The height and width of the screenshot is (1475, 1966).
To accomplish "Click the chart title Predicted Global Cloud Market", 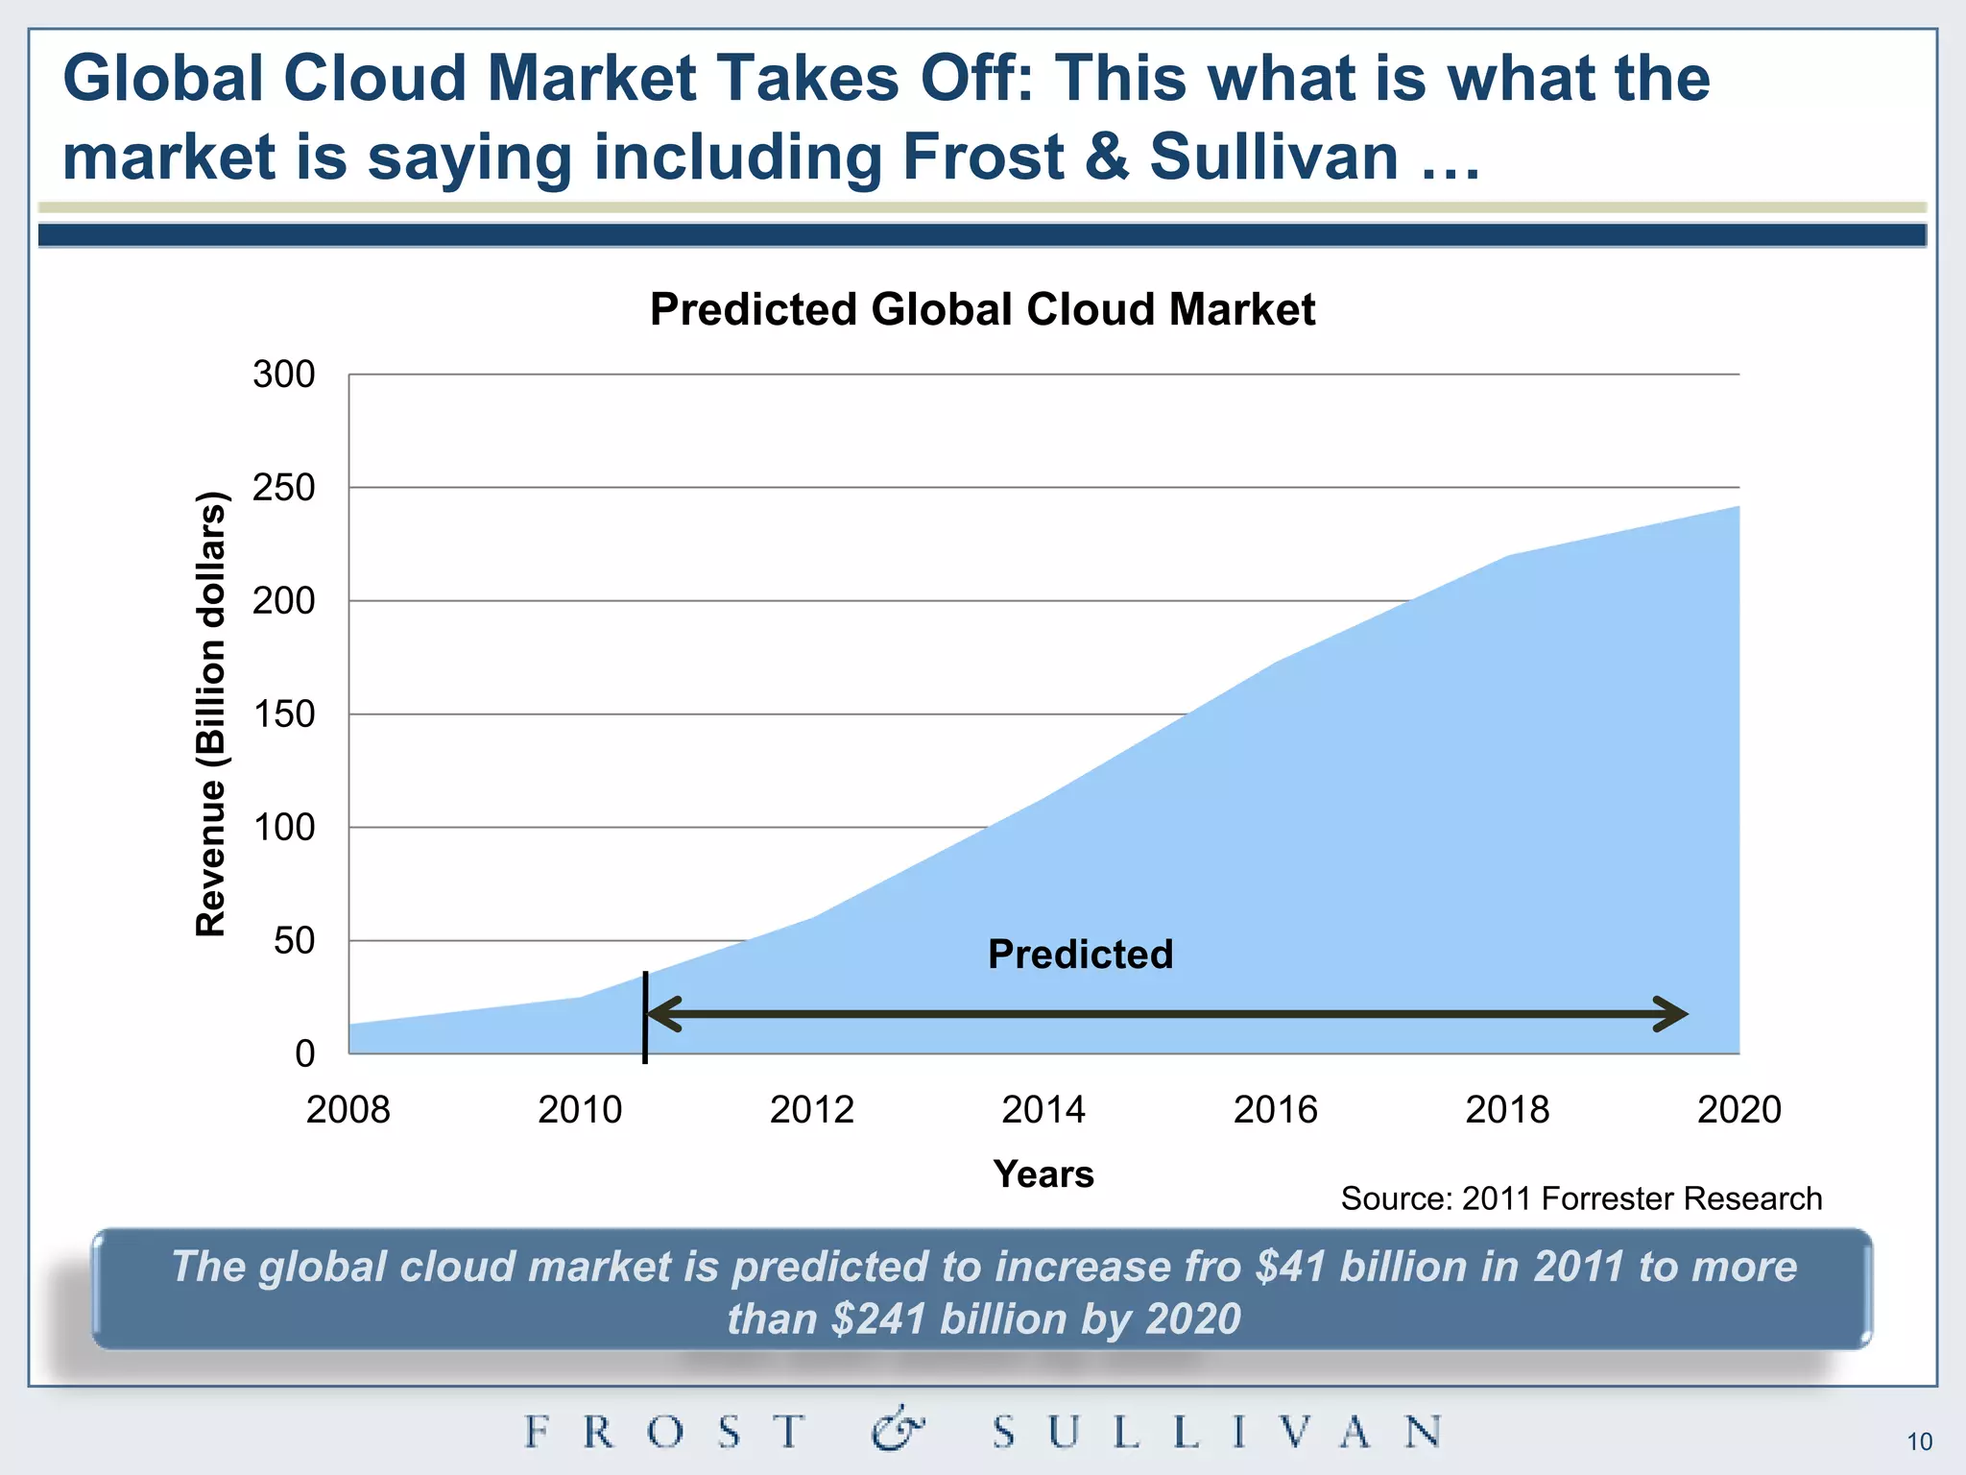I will click(982, 310).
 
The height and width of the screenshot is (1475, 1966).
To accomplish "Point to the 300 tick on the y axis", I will click(284, 375).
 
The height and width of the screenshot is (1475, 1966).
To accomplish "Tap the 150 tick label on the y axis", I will click(284, 714).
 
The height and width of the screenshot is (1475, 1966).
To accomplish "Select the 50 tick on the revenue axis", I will click(294, 941).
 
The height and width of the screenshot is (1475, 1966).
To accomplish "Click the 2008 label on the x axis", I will click(348, 1110).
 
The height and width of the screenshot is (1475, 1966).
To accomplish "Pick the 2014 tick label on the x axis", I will click(1043, 1110).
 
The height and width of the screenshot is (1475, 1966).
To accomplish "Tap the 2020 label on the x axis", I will click(1738, 1110).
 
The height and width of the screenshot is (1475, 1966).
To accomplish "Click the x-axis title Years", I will click(1043, 1174).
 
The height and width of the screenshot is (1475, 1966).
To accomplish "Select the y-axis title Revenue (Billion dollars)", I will click(211, 713).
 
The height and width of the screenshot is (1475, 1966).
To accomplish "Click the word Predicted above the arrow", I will click(1080, 955).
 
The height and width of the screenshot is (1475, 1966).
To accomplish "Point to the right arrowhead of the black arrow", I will click(1675, 1014).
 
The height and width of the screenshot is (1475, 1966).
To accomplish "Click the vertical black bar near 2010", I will click(645, 1018).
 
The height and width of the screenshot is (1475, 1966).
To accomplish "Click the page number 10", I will click(1919, 1442).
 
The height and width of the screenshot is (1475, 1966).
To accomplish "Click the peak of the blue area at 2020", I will click(1738, 507).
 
